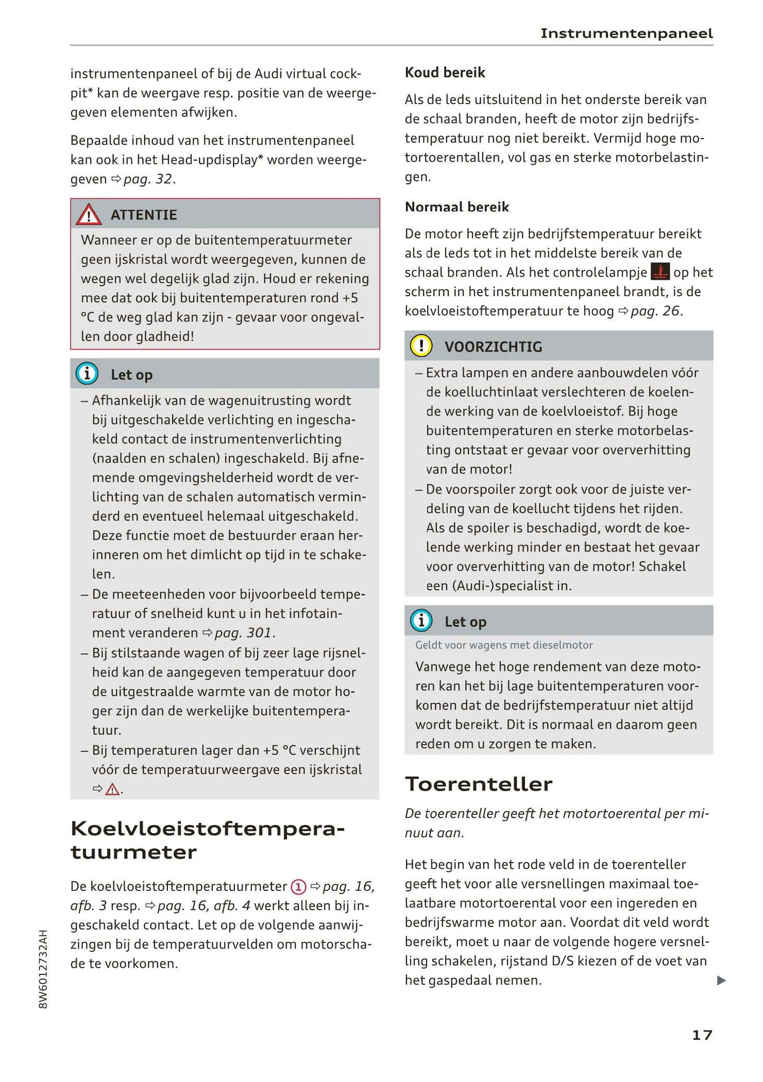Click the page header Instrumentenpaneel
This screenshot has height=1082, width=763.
click(626, 34)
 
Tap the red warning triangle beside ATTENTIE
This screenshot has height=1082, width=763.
click(88, 215)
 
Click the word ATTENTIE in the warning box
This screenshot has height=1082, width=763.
click(144, 215)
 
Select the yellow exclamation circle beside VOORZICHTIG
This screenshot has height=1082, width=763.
click(421, 346)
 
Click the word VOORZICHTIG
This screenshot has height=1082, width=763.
click(493, 347)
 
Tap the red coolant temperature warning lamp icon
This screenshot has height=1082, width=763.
click(660, 272)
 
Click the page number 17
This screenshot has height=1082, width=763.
click(702, 1034)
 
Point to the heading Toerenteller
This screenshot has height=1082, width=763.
click(478, 784)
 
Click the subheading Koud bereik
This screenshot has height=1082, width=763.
click(445, 72)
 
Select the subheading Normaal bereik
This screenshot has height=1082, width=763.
click(457, 207)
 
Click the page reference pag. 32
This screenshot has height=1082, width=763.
click(147, 179)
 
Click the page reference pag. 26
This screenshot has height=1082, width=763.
click(655, 311)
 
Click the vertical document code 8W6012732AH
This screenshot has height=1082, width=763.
click(43, 969)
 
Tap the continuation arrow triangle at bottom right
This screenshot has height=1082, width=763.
click(721, 981)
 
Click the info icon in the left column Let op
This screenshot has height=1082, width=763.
click(87, 374)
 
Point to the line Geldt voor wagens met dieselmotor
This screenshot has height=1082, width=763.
click(504, 645)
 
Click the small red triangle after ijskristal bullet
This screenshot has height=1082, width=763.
click(112, 790)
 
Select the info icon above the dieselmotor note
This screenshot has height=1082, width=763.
click(421, 621)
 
